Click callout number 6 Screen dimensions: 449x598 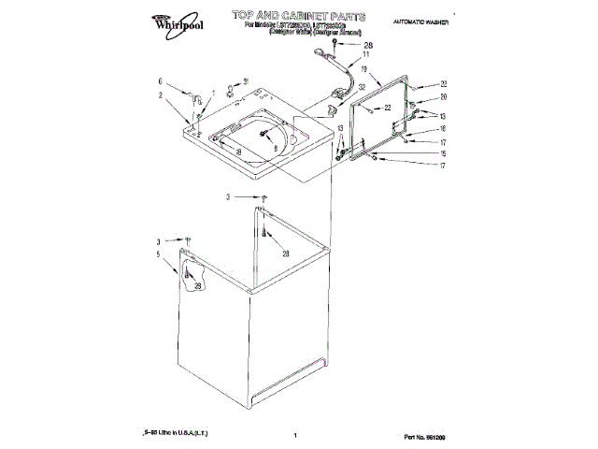point(160,81)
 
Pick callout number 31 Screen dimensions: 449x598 point(246,82)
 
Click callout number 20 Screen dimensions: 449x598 point(445,97)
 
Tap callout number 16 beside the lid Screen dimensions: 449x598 point(445,129)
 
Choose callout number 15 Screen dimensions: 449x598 point(445,153)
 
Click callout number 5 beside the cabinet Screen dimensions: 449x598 point(159,253)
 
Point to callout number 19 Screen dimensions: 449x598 point(363,95)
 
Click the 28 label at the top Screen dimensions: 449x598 point(366,45)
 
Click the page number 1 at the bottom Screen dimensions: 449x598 point(294,436)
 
